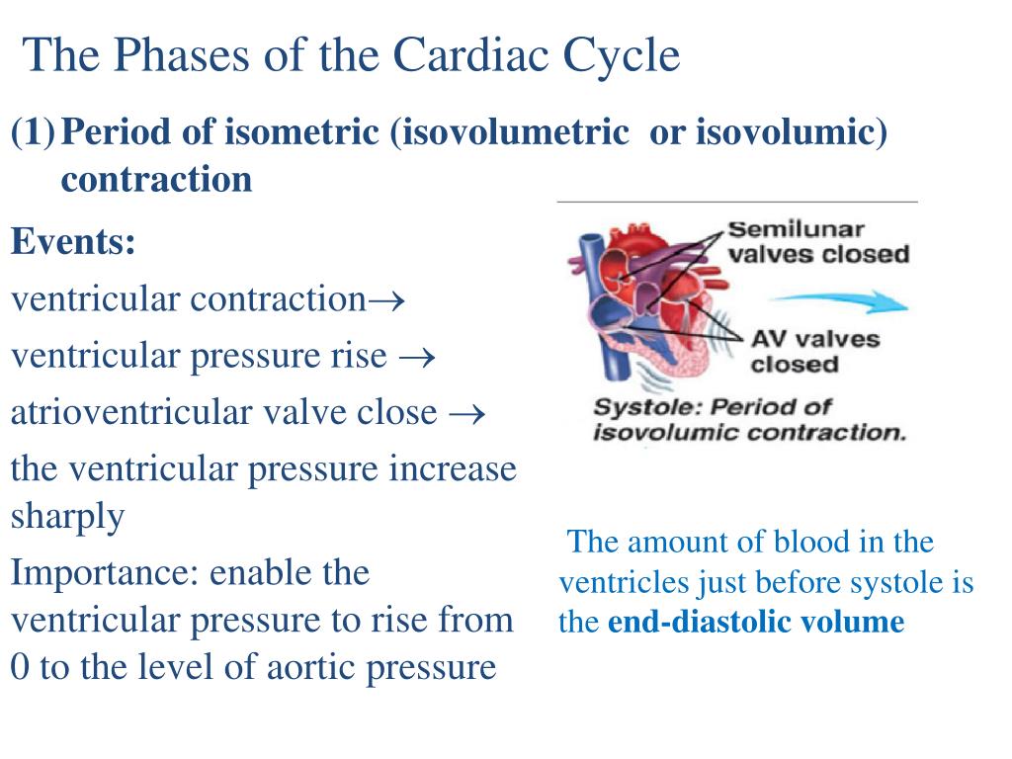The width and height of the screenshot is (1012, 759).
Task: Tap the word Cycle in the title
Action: click(x=622, y=55)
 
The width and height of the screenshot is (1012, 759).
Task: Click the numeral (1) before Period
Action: click(x=32, y=131)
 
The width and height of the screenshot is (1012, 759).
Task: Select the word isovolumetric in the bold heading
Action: click(x=511, y=131)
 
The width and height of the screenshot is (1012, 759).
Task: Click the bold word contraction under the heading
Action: click(x=156, y=179)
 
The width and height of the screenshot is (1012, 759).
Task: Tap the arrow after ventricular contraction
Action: click(x=386, y=299)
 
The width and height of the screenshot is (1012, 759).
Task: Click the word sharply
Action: click(x=67, y=516)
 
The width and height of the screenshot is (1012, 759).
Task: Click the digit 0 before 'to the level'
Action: click(x=19, y=668)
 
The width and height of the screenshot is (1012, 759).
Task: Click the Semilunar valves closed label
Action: click(x=817, y=242)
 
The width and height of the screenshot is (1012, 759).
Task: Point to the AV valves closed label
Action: click(x=814, y=351)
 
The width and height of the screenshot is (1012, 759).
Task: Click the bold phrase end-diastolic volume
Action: click(x=756, y=623)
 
